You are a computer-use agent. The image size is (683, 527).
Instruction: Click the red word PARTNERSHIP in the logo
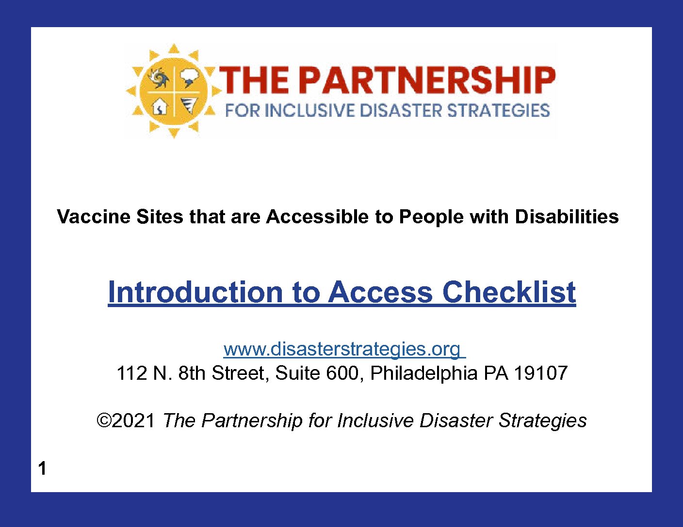[426, 80]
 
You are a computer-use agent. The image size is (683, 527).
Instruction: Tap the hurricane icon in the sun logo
[160, 78]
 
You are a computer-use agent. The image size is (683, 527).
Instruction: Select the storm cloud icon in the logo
[190, 78]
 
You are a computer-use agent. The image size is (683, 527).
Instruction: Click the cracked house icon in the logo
[160, 107]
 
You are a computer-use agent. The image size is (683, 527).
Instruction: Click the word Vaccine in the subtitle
[94, 217]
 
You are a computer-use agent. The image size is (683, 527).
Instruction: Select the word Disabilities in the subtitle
[567, 217]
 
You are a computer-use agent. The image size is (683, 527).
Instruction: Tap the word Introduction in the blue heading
[195, 292]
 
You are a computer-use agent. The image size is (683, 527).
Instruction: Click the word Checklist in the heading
[509, 292]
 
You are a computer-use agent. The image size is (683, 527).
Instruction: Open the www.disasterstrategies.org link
[344, 349]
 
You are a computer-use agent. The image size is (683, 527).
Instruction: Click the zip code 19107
[540, 373]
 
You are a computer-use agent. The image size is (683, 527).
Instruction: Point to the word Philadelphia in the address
[423, 373]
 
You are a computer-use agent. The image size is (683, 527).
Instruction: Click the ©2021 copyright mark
[126, 420]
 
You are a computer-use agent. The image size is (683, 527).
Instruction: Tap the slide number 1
[42, 468]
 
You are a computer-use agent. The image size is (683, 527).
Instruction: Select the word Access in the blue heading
[380, 292]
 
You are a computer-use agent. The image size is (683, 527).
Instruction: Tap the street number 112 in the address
[131, 373]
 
